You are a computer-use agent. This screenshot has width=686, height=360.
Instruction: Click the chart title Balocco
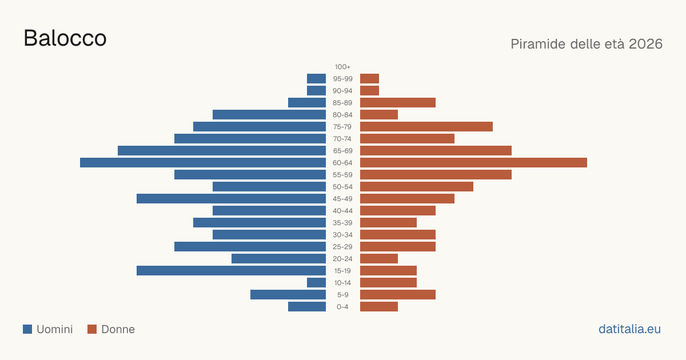[65, 38]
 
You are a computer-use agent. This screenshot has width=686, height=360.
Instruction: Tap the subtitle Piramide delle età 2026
[587, 44]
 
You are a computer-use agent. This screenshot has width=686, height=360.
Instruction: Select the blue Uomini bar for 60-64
[203, 162]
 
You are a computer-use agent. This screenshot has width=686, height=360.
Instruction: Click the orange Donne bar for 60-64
[473, 162]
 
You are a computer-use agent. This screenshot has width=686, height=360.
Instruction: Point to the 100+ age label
[342, 67]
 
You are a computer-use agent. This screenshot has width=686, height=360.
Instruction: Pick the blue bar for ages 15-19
[231, 271]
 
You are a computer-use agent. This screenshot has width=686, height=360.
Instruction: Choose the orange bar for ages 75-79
[426, 127]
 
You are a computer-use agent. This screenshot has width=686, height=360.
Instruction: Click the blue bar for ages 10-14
[316, 282]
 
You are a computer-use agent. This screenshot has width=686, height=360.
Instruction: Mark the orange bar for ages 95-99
[369, 79]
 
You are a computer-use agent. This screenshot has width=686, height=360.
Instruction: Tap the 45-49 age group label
[342, 199]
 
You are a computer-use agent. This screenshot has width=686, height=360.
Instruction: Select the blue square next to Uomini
[27, 329]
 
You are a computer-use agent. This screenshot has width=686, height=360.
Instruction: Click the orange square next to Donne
[92, 329]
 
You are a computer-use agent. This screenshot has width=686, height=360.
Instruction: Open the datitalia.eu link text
[629, 329]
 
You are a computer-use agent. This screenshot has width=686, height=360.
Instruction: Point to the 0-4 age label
[342, 307]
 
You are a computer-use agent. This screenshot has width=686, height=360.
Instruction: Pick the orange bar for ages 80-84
[379, 115]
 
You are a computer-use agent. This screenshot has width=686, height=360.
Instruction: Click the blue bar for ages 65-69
[222, 151]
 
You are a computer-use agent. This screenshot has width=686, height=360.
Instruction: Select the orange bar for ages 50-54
[417, 187]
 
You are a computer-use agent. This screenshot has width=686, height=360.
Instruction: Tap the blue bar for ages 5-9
[288, 295]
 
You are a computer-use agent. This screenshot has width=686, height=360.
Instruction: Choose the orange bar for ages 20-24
[379, 259]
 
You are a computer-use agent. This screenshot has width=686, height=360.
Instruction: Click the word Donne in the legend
[118, 329]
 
